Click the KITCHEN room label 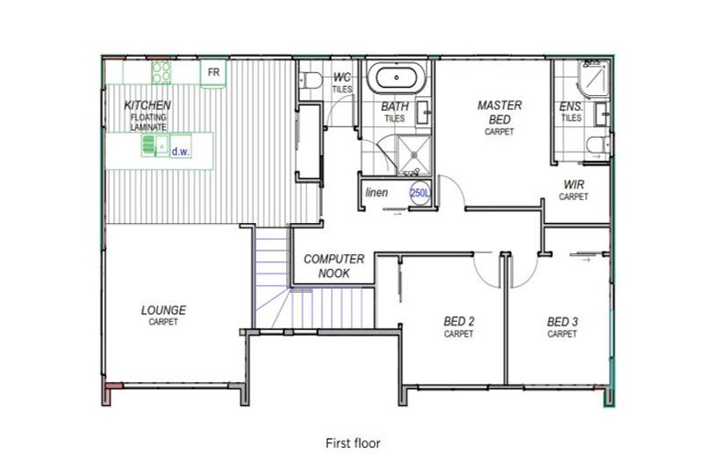pyautogui.click(x=147, y=106)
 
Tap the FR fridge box pyautogui.click(x=213, y=72)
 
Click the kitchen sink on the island pyautogui.click(x=151, y=145)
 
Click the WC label pyautogui.click(x=343, y=78)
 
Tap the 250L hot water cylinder pyautogui.click(x=419, y=194)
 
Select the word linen pyautogui.click(x=377, y=193)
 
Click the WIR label pyautogui.click(x=574, y=185)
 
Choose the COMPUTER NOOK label pyautogui.click(x=334, y=266)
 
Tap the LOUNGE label pyautogui.click(x=164, y=311)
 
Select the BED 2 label pyautogui.click(x=459, y=322)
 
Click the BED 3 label pyautogui.click(x=562, y=322)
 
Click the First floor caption pyautogui.click(x=353, y=443)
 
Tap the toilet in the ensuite pyautogui.click(x=594, y=144)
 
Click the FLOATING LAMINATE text pyautogui.click(x=148, y=122)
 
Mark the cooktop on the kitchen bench pyautogui.click(x=161, y=71)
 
